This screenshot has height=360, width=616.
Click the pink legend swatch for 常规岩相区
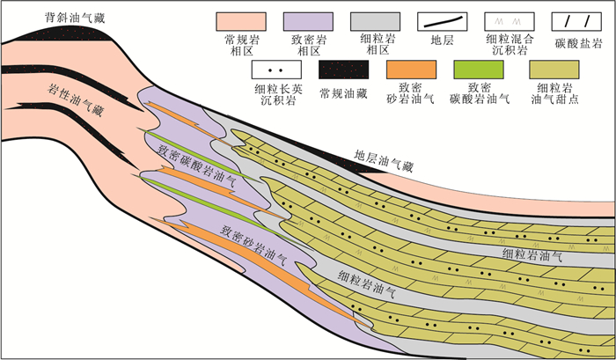click(x=241, y=21)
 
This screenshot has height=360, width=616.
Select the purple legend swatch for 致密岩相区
click(x=308, y=21)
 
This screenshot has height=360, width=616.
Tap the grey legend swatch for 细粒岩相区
click(x=375, y=21)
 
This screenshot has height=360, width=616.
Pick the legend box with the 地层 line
click(x=443, y=21)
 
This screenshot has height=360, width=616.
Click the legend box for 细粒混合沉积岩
click(x=510, y=21)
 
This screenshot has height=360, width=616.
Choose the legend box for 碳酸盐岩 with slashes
click(x=576, y=21)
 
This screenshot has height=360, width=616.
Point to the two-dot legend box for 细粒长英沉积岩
click(x=276, y=70)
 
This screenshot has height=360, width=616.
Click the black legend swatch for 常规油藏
click(x=344, y=70)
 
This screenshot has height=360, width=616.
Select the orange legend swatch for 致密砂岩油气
click(x=411, y=70)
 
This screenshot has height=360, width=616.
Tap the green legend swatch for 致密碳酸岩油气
click(x=479, y=70)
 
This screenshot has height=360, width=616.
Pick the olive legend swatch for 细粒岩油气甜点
click(x=554, y=70)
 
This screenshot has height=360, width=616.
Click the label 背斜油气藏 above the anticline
click(x=75, y=18)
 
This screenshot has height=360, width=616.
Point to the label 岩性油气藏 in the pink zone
click(x=76, y=99)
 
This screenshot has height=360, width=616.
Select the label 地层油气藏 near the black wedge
click(x=384, y=161)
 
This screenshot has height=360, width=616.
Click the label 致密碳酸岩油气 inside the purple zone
click(x=197, y=165)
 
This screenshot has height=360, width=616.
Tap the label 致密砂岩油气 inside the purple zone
click(x=253, y=245)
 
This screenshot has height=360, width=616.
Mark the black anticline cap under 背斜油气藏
click(x=67, y=34)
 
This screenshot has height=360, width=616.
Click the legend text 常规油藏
click(x=344, y=93)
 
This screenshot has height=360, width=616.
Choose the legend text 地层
click(x=443, y=40)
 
